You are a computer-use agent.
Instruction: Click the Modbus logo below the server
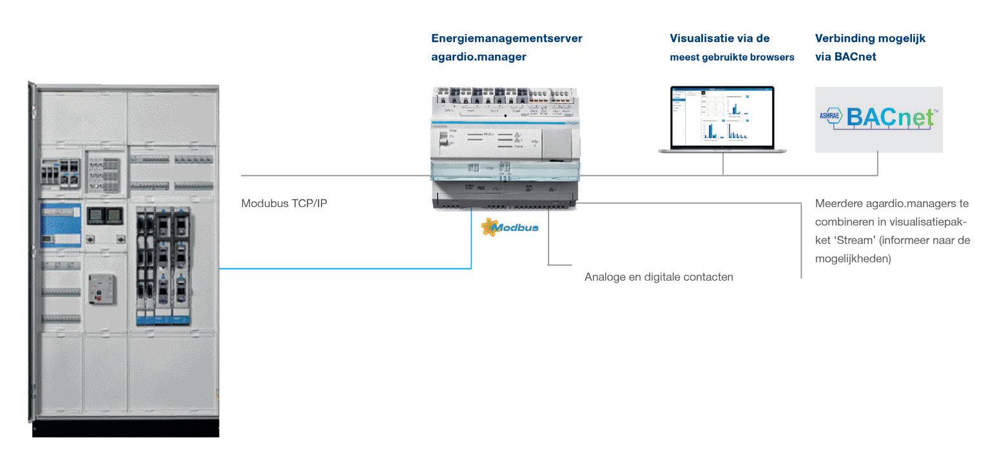click(x=510, y=228)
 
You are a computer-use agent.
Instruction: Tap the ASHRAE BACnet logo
click(x=878, y=119)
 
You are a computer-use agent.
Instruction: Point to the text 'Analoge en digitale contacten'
click(x=659, y=277)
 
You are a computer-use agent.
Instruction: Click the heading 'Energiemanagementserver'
click(x=507, y=39)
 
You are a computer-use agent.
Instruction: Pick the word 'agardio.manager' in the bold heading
click(x=479, y=57)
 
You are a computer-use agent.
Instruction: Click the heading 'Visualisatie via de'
click(x=720, y=39)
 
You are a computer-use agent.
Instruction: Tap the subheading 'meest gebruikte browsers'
click(x=732, y=57)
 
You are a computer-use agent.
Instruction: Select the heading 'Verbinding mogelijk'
click(x=870, y=39)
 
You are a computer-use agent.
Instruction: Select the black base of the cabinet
click(x=126, y=428)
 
